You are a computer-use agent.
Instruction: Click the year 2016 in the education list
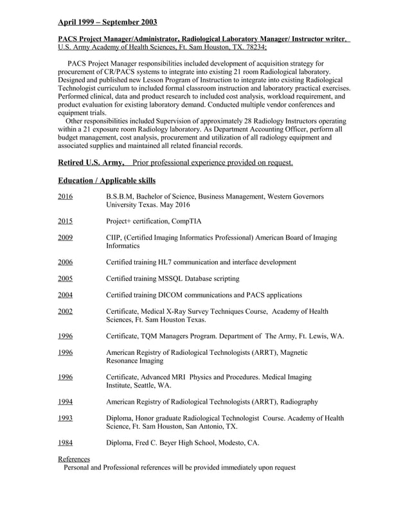65,197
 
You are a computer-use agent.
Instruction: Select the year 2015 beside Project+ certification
65,221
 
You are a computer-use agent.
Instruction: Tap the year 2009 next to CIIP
65,238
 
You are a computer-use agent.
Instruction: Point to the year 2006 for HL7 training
65,262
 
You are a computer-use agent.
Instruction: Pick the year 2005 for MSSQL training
65,279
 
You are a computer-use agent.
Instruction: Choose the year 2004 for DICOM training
65,295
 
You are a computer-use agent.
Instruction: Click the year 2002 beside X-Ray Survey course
65,312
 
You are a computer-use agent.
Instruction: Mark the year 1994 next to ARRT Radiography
65,402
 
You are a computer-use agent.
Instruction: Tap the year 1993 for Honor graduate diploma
65,418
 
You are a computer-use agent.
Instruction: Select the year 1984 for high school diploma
65,443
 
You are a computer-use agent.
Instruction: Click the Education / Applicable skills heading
107,180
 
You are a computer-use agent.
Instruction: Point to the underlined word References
74,459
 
